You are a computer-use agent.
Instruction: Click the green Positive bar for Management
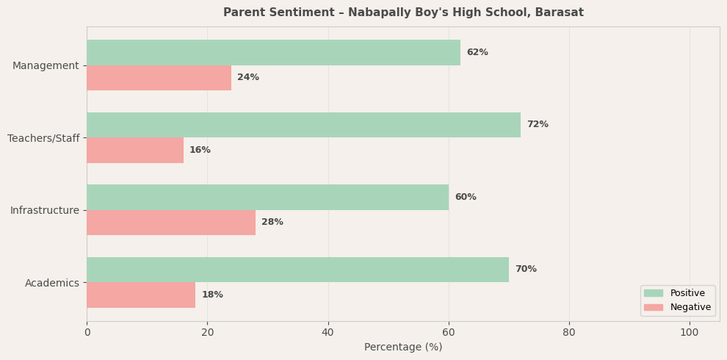273,53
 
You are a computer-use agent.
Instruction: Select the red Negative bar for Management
159,78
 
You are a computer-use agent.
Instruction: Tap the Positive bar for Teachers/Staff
303,125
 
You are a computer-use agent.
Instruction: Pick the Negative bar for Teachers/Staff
135,151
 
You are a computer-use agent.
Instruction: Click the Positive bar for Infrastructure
267,197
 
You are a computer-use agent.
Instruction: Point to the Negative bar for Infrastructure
171,223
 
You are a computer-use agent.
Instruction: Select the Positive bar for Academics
297,270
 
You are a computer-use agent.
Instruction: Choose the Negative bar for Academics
141,295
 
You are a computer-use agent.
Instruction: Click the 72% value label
538,125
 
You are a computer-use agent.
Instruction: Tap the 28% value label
272,223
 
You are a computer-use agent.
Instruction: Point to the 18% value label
212,295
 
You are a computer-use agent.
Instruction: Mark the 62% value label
477,53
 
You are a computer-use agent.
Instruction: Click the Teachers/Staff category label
43,138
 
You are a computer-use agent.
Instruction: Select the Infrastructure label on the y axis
45,211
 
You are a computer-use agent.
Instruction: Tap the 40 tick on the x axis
328,333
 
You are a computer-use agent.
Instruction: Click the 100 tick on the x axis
690,333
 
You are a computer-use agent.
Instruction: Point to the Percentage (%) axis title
403,348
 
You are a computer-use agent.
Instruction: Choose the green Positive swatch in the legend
653,293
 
